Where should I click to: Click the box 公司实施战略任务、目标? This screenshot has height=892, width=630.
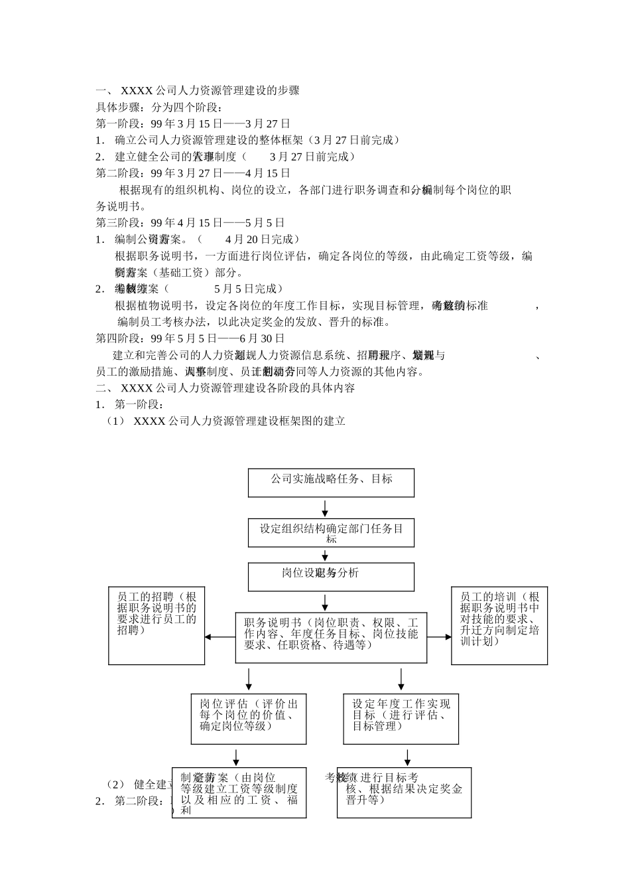(331, 483)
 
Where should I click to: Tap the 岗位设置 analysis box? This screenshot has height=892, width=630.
(331, 577)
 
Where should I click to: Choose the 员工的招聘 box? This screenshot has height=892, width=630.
(157, 625)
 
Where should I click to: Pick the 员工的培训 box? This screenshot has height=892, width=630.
(499, 625)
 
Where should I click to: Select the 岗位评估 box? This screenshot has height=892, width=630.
(249, 719)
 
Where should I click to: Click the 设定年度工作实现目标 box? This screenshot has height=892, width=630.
(401, 719)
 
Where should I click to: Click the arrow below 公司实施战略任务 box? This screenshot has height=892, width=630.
(325, 508)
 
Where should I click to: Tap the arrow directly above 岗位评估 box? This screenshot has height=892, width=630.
(249, 679)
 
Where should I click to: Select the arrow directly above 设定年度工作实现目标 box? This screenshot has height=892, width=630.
(401, 679)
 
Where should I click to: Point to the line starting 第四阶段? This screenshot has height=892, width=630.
(190, 338)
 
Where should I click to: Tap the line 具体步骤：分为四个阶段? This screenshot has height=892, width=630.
(159, 107)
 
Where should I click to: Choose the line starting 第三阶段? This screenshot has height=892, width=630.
(190, 222)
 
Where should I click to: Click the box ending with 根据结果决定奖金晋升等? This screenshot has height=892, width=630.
(404, 792)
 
